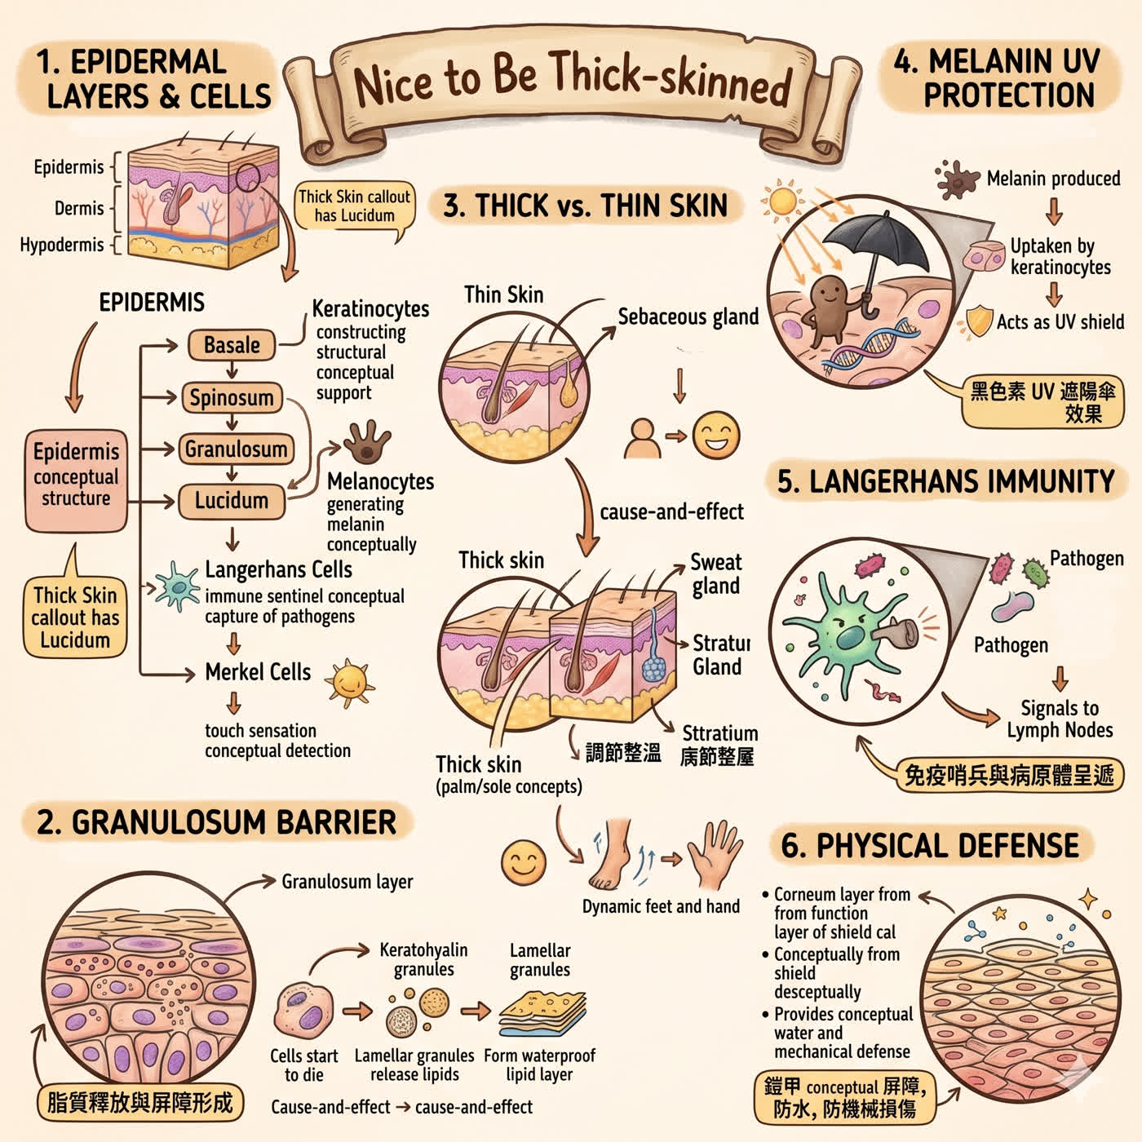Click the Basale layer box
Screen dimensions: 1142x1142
232,345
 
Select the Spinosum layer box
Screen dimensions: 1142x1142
232,397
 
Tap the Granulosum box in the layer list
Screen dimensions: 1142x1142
236,449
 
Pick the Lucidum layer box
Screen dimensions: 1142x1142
232,502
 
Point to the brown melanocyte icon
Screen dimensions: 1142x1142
367,441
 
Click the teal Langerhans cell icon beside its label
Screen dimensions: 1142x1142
177,586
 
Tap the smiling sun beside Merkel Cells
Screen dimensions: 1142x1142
349,683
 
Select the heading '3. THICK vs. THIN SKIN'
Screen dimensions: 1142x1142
585,206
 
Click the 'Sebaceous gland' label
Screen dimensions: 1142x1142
688,317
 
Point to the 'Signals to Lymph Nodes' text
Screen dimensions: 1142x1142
1060,719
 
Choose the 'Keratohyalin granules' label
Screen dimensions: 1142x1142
423,959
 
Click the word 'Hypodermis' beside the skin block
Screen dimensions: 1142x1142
62,245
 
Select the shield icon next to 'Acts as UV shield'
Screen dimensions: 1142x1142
979,321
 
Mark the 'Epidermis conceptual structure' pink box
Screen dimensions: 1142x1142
76,480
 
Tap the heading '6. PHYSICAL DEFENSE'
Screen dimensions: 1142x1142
930,846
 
